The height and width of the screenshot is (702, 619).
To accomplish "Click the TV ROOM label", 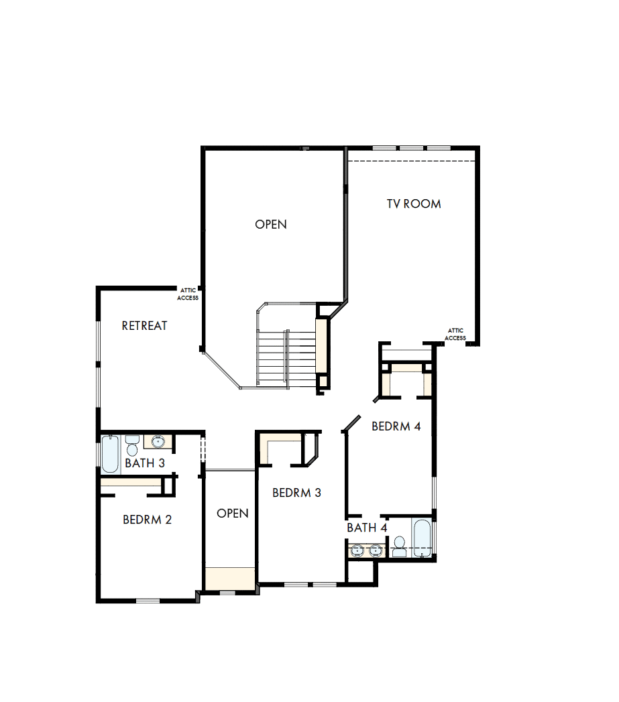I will [414, 204].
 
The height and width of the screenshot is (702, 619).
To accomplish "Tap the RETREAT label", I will [144, 326].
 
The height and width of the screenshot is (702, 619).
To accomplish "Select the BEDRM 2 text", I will [148, 520].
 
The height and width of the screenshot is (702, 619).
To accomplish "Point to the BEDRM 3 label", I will [296, 493].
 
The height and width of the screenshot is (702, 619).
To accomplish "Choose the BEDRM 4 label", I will [396, 426].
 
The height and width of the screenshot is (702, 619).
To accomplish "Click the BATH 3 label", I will [145, 463].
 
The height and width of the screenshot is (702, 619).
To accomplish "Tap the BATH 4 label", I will [367, 528].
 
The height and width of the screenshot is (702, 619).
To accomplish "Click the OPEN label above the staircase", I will [271, 225].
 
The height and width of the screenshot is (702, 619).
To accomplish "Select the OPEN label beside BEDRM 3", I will [233, 514].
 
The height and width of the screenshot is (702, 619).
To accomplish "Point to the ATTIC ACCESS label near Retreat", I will [188, 294].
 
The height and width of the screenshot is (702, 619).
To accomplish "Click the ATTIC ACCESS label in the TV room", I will [455, 334].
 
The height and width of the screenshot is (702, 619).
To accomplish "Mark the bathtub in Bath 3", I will [110, 454].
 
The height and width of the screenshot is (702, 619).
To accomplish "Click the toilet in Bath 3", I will [132, 445].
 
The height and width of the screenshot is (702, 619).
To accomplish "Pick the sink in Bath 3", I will [158, 442].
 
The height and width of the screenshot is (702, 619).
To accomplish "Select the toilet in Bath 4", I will [399, 546].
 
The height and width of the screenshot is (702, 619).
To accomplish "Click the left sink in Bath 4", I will [357, 550].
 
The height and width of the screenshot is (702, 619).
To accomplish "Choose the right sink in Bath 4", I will [375, 550].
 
